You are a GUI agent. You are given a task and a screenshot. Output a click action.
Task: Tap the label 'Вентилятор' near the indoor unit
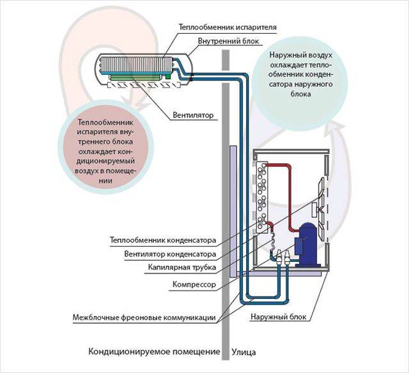click(193, 116)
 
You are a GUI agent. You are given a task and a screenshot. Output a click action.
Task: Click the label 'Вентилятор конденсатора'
click(170, 254)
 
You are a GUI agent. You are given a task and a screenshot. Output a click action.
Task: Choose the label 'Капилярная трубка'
click(182, 267)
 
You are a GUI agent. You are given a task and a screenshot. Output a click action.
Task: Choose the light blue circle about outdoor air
click(300, 76)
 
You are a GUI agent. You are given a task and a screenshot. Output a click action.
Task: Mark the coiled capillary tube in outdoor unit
click(270, 240)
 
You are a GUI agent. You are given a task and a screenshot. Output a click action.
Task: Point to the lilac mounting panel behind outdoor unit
click(233, 204)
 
